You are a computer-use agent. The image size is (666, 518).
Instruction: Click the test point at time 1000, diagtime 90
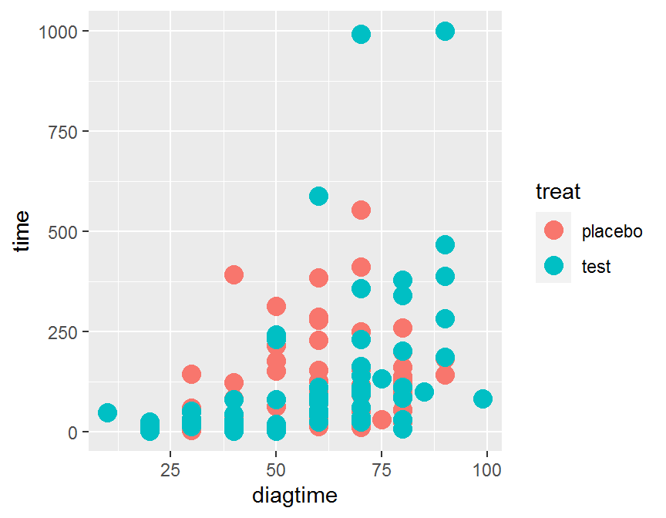(445, 31)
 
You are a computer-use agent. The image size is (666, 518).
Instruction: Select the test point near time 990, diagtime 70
(361, 35)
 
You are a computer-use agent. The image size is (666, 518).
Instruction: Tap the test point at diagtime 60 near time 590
(318, 196)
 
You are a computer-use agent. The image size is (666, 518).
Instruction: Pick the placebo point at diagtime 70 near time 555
(361, 210)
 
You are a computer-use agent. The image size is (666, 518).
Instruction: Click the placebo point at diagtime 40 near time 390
(234, 274)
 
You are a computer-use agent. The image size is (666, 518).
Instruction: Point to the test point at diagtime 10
(108, 412)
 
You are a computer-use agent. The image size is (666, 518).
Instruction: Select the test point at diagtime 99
(483, 399)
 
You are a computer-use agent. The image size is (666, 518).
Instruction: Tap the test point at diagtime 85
(424, 392)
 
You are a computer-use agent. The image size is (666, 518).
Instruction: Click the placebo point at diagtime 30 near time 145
(192, 374)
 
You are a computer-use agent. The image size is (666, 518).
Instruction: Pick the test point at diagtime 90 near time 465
(445, 245)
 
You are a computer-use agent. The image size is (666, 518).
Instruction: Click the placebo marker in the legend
(553, 230)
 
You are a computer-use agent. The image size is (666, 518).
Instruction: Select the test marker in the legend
(553, 266)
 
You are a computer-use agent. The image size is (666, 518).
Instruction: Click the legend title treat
(557, 190)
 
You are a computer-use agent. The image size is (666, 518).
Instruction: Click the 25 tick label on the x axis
(171, 469)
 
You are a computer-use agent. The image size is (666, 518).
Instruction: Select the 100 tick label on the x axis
(486, 469)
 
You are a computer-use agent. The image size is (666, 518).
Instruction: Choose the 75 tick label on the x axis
(382, 469)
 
